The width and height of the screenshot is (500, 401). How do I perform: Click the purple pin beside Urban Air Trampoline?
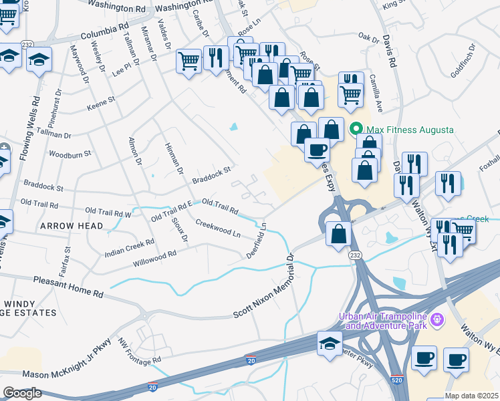437,320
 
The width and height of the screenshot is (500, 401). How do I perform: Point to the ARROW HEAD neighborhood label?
72,226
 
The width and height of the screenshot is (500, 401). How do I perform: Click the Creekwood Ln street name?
218,227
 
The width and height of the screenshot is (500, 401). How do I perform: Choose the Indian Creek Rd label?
130,249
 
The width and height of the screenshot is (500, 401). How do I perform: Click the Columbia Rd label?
104,32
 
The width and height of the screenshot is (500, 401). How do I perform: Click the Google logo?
22,393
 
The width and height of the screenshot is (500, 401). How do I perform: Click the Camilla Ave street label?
376,95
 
